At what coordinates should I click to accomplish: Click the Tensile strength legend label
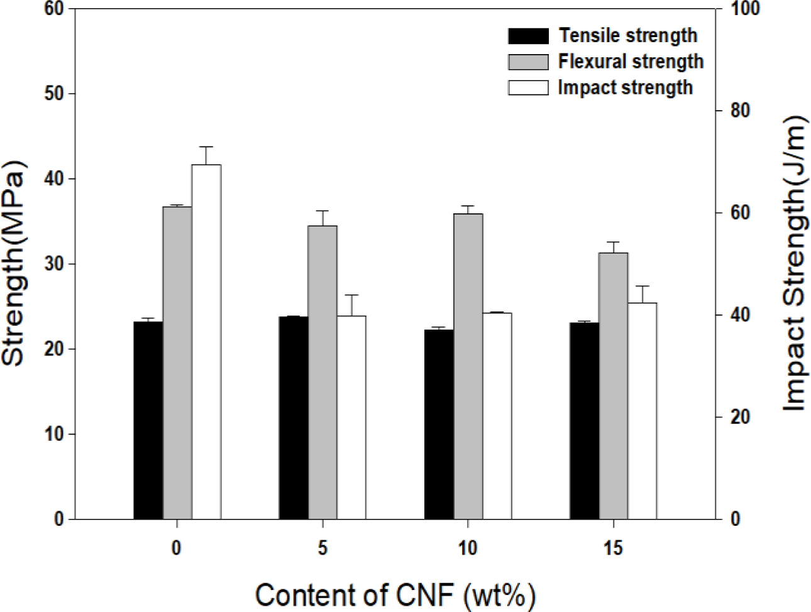tap(627, 35)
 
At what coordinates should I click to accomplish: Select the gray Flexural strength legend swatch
tap(527, 62)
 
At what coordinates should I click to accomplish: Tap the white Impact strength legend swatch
tap(527, 87)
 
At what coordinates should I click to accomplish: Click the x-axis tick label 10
tap(468, 548)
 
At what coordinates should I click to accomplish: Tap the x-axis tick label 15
tap(613, 548)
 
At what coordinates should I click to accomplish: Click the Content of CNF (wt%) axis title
tap(396, 594)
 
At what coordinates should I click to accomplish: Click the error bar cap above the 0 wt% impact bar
tap(206, 147)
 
